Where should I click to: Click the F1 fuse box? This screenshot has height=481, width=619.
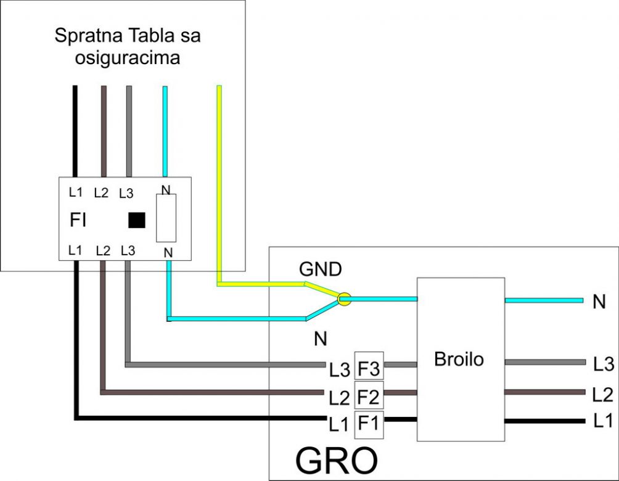369,424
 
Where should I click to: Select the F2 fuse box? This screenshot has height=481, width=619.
369,395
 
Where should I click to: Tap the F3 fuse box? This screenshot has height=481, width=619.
369,366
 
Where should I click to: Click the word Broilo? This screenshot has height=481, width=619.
459,360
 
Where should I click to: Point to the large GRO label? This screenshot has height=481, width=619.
337,459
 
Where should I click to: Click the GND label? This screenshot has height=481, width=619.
321,270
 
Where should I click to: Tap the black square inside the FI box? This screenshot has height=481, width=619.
136,220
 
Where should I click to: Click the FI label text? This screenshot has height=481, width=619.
78,221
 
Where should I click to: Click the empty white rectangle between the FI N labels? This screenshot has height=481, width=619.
166,218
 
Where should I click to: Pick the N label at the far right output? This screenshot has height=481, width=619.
599,302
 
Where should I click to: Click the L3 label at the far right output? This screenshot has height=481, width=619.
603,364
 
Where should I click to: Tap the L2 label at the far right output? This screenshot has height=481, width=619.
603,393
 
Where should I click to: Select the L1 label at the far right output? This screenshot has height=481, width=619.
603,422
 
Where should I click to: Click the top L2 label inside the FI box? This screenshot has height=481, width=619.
101,193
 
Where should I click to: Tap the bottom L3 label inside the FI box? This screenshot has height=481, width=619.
128,251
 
